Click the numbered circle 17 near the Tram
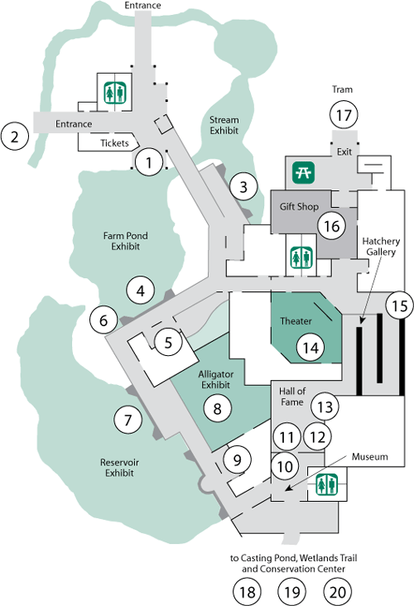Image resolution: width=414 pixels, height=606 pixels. pos(344,115)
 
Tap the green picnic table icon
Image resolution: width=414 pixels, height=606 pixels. pos(303,172)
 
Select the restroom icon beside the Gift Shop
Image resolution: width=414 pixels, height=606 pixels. pos(301,257)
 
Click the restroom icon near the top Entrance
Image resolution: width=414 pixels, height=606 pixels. pos(115,92)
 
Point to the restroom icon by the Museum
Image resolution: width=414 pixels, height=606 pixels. pos(326,484)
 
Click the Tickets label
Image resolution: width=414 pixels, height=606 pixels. pos(114,143)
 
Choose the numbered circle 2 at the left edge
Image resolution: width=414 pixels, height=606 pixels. pos(15,137)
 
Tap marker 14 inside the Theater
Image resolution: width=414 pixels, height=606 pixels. pos(310,348)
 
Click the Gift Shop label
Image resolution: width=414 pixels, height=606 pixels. pos(299,207)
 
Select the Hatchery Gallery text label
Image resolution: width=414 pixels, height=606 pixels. pos(381,247)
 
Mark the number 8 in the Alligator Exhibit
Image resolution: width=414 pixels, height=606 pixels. pos(217,408)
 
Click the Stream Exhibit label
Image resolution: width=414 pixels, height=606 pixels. pos(224,125)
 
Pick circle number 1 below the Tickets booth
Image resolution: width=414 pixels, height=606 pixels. pos(149,162)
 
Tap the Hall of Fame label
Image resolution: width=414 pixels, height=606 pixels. pos(292,397)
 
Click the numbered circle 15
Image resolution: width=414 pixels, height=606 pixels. pos(400,305)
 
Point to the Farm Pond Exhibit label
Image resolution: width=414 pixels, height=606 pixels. pos(126,241)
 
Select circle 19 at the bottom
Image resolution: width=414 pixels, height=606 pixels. pos(292,592)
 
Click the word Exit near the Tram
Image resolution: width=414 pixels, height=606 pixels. pos(344,151)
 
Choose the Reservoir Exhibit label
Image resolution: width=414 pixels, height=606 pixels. pos(119,468)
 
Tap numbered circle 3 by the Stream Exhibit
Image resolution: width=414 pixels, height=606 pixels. pos(243,187)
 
